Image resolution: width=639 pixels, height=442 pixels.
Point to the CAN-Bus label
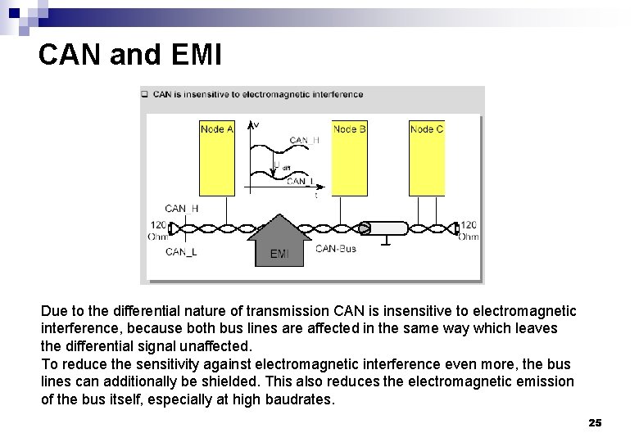tap(336, 249)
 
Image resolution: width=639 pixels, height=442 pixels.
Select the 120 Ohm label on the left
tap(157, 230)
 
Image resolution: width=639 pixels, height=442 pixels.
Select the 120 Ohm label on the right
tap(469, 230)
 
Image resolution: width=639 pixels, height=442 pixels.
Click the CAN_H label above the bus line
tap(181, 209)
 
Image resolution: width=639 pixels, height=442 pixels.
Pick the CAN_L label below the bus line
tap(181, 252)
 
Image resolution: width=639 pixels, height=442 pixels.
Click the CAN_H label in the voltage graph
tap(304, 141)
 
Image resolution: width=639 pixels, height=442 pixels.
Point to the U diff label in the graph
tap(280, 166)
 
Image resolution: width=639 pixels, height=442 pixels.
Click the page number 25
tap(595, 422)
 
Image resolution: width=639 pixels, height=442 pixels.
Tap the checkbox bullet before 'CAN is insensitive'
tap(144, 94)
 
